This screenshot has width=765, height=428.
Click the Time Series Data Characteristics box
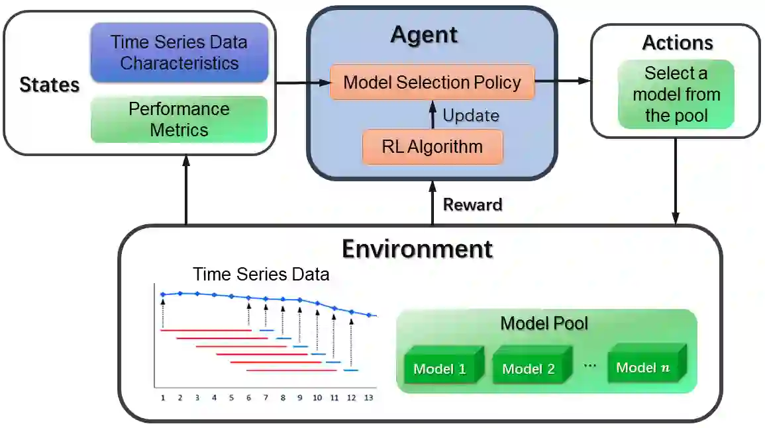(179, 53)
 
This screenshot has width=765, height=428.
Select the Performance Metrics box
(179, 119)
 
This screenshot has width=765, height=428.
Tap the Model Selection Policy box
(432, 82)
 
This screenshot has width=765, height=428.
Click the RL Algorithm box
(432, 147)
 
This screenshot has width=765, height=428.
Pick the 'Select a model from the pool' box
(676, 94)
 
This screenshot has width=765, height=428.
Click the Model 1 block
(440, 368)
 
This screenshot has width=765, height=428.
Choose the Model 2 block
(529, 368)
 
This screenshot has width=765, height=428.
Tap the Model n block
(643, 366)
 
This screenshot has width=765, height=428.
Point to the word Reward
(472, 204)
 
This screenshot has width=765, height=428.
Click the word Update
(470, 116)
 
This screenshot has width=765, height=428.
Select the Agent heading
(424, 34)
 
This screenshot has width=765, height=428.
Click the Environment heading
(417, 249)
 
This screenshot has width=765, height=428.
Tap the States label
(49, 85)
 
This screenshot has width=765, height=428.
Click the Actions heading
(677, 43)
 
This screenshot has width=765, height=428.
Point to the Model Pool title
(544, 323)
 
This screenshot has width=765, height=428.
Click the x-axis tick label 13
(369, 398)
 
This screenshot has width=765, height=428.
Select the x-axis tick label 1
(162, 398)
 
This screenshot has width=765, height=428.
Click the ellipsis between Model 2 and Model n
(589, 366)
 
